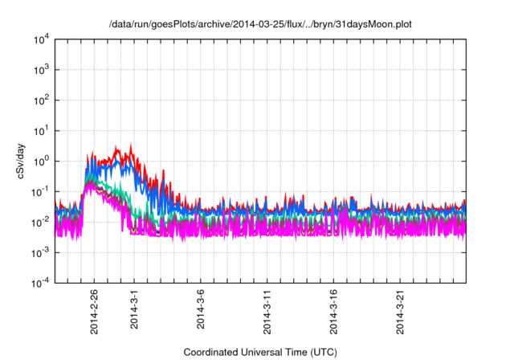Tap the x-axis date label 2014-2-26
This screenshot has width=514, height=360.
(x=95, y=311)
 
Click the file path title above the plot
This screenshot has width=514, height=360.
(x=260, y=26)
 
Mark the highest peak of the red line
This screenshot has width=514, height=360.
(x=132, y=145)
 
